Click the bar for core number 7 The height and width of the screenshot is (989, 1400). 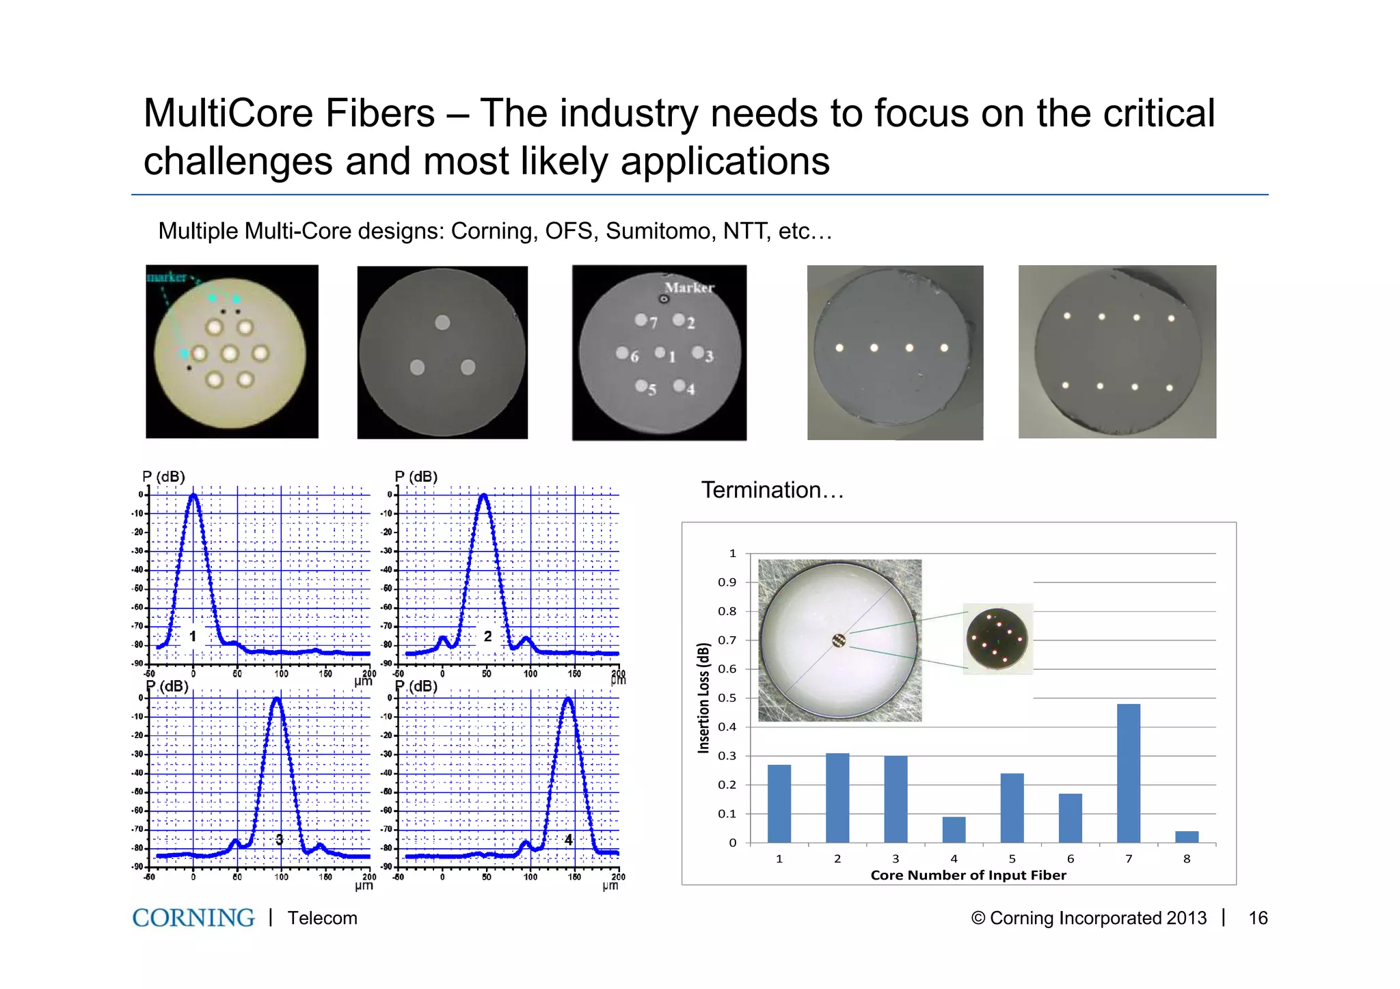[x=1128, y=773]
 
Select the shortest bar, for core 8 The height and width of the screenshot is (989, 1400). [x=1187, y=837]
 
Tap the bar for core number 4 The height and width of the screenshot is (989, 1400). [x=954, y=829]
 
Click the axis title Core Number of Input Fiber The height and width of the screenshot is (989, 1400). [x=968, y=875]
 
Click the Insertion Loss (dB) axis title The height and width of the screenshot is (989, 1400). [x=703, y=698]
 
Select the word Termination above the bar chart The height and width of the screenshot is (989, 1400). [x=761, y=490]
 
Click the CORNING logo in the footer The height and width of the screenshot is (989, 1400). [x=193, y=918]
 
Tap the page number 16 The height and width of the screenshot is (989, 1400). [x=1257, y=918]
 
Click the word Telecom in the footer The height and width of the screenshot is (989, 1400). [x=322, y=918]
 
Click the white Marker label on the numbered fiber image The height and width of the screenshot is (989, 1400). [x=689, y=288]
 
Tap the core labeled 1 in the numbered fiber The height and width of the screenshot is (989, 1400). [x=660, y=353]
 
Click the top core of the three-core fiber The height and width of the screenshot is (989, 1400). [x=442, y=322]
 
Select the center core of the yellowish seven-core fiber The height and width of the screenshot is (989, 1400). [x=230, y=353]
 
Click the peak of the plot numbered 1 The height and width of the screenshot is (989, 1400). [x=193, y=495]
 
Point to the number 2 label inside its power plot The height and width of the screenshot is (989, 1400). [x=487, y=636]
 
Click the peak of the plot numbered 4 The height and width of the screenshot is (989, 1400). [x=568, y=699]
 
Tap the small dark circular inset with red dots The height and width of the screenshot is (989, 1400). [x=997, y=638]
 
